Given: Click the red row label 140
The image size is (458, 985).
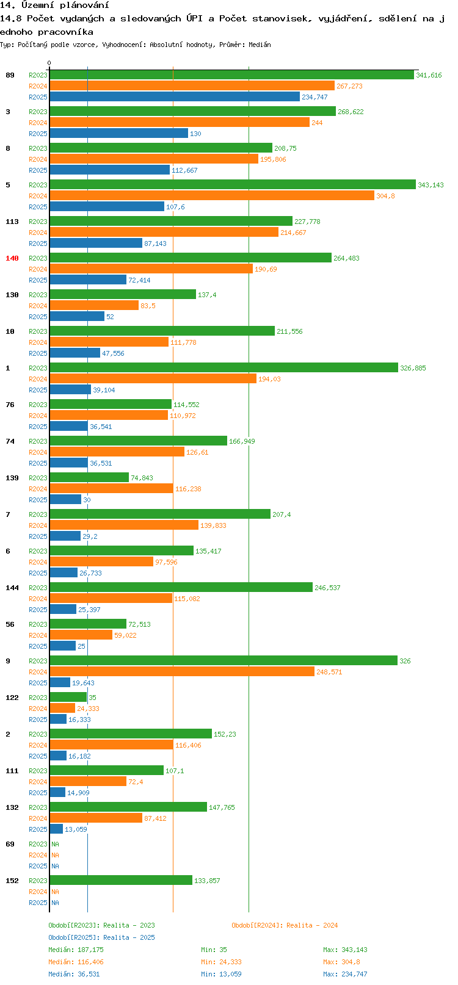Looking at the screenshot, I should point(12,258).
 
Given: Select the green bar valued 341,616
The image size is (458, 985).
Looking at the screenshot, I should point(231,75).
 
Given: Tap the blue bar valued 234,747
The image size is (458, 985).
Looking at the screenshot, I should point(175,97).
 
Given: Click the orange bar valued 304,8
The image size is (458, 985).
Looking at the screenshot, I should point(211,196).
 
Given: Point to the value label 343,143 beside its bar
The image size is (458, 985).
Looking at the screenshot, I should point(431,185).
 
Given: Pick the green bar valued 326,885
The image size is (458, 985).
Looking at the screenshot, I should point(224,368).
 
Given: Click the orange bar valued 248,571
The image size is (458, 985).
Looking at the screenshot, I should point(182,672).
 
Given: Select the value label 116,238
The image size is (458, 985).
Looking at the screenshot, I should point(188,489).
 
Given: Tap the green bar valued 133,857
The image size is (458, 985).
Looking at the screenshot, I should point(121,881).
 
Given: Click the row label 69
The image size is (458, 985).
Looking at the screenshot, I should point(10,844).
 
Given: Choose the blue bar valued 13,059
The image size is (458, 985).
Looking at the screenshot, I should point(56,829).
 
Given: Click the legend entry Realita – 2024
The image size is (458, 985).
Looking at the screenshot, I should point(285,925).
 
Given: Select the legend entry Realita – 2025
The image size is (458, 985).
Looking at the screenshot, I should point(101,937).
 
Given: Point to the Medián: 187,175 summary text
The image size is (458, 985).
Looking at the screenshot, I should point(76,950).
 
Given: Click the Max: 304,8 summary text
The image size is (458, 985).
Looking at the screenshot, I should point(341,962).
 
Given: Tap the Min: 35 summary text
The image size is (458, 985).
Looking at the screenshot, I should point(214,950).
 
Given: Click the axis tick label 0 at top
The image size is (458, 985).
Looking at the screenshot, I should point(49,63).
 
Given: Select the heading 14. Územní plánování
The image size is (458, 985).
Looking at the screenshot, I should point(55,5).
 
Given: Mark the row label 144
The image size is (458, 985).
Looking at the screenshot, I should point(12,588).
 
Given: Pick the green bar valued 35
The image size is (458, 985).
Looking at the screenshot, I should point(68,698).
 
